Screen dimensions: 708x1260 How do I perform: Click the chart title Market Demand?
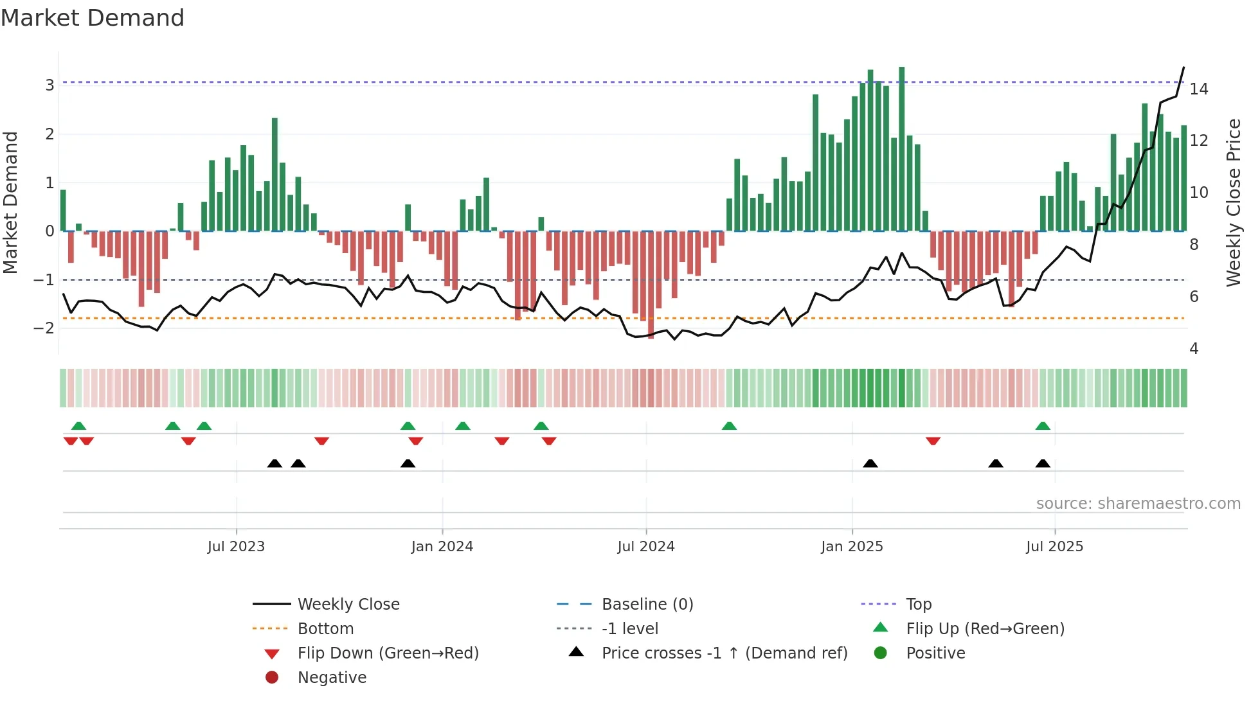coord(93,18)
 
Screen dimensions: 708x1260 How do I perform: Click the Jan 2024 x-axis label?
coord(442,547)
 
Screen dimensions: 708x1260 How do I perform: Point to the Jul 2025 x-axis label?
coord(1054,547)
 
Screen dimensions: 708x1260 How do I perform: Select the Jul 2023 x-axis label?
coord(236,547)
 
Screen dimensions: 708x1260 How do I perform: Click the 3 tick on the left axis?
coord(50,85)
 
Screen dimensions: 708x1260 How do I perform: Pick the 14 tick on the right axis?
coord(1198,89)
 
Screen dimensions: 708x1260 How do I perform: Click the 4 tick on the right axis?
coord(1194,349)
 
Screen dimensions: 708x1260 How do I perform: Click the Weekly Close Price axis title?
coord(1233,202)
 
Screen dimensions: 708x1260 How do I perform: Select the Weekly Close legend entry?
coord(348,605)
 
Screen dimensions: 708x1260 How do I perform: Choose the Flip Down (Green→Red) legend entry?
coord(388,653)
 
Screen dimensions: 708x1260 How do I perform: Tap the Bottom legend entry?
coord(325,629)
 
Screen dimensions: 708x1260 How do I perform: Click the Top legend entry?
coord(918,605)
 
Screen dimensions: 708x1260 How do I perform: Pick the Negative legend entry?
coord(332,678)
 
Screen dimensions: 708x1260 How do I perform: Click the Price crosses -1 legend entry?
coord(724,653)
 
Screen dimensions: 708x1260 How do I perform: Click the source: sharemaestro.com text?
coord(1138,504)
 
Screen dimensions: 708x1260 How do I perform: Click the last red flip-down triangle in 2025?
coord(933,441)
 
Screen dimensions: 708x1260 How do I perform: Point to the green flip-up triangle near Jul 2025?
coord(1043,426)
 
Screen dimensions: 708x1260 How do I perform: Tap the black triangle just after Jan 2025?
coord(870,463)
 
